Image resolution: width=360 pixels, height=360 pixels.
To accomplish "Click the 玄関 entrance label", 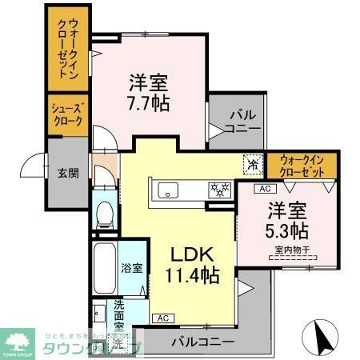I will coord(68,172).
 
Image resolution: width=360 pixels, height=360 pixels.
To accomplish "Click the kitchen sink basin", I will coord(169,190).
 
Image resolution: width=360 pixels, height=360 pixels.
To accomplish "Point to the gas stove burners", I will coord(218,190).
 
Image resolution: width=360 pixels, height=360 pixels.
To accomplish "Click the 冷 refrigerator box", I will coord(253,164).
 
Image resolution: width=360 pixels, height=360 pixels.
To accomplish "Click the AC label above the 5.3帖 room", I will coord(263,189).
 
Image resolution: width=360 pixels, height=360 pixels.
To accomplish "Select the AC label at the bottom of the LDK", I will coord(162,318).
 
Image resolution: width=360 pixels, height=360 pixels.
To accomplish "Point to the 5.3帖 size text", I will coord(286,231).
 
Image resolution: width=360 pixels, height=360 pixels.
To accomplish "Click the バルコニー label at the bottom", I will coord(202,342).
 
